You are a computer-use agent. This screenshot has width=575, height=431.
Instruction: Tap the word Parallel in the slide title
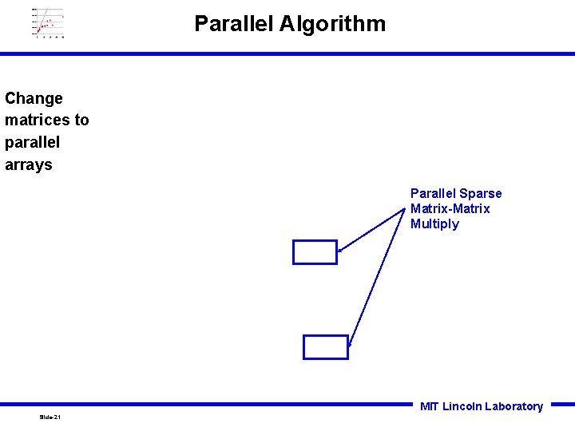tap(234, 24)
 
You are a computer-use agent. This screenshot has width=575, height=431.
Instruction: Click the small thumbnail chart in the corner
tap(48, 22)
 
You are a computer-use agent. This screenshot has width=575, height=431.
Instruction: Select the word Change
tap(34, 98)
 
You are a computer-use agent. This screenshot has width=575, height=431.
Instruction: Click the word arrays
tap(28, 164)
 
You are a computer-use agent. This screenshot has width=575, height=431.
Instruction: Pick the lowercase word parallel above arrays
tap(32, 142)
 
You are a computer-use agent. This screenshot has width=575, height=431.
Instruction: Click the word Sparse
tap(481, 193)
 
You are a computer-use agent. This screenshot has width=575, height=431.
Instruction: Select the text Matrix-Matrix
tap(450, 208)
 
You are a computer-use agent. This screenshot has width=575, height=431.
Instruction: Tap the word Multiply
tap(434, 223)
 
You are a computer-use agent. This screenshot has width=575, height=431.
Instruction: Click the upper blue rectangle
tap(315, 251)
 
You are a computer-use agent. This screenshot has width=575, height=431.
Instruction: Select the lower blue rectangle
tap(326, 347)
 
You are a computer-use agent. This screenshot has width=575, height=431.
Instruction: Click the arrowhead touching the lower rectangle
tap(350, 344)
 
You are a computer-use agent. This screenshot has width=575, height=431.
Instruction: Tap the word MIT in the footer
tap(429, 406)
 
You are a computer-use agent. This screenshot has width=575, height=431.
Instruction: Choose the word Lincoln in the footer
tap(462, 406)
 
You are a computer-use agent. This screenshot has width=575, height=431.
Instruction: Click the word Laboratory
tap(514, 406)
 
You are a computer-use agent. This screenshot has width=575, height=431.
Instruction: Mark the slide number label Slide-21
tap(50, 417)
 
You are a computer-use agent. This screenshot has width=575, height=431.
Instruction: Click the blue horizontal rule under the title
tap(287, 53)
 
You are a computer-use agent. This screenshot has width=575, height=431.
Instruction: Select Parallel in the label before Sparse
tap(434, 193)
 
